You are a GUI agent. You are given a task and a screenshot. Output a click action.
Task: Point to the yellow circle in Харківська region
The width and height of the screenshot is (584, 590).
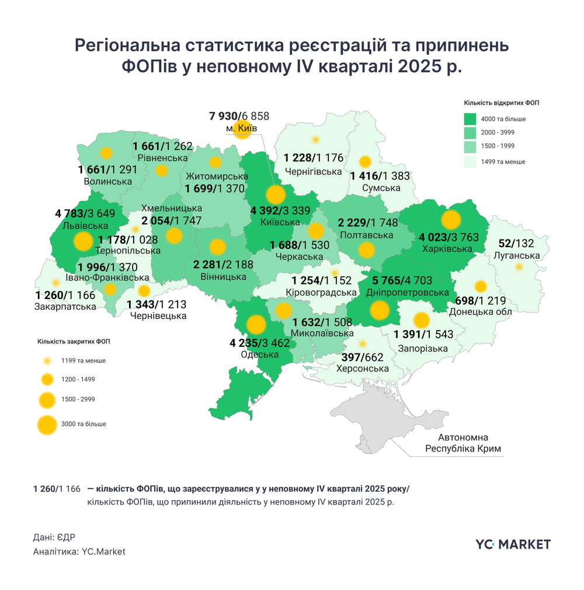pyautogui.click(x=451, y=220)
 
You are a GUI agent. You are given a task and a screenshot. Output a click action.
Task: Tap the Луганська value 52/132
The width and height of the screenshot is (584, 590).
pyautogui.click(x=517, y=244)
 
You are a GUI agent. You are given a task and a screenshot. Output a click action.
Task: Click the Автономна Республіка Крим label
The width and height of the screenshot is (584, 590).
pyautogui.click(x=464, y=443)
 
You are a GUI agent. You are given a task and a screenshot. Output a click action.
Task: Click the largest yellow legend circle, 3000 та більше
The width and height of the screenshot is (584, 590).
pyautogui.click(x=46, y=424)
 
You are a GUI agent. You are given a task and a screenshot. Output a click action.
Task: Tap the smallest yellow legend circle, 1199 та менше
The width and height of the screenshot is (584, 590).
pyautogui.click(x=46, y=360)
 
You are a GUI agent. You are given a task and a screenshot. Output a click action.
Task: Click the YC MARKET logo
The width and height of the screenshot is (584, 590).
pyautogui.click(x=513, y=544)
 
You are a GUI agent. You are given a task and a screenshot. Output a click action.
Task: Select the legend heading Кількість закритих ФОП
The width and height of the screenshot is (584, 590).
pyautogui.click(x=73, y=341)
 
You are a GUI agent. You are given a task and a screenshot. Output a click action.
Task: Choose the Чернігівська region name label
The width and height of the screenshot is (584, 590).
pyautogui.click(x=312, y=171)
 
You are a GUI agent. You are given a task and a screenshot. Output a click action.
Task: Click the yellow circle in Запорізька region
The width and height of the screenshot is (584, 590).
pyautogui.click(x=421, y=320)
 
